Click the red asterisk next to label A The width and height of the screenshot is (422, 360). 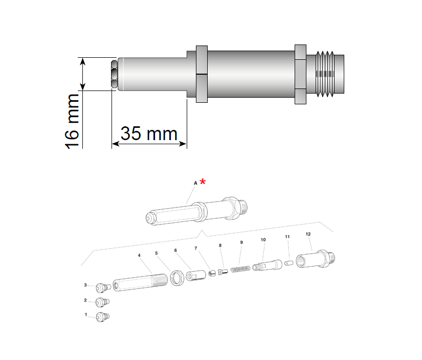tap(203, 182)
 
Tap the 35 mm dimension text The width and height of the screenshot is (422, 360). tap(149, 134)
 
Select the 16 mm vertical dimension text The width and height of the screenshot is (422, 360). tap(73, 121)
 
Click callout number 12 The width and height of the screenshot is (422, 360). tap(308, 234)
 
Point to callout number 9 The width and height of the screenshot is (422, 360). tap(241, 242)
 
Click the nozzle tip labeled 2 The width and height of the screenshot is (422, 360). tap(103, 302)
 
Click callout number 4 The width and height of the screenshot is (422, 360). tap(139, 255)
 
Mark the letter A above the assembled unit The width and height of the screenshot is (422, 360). tap(195, 183)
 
